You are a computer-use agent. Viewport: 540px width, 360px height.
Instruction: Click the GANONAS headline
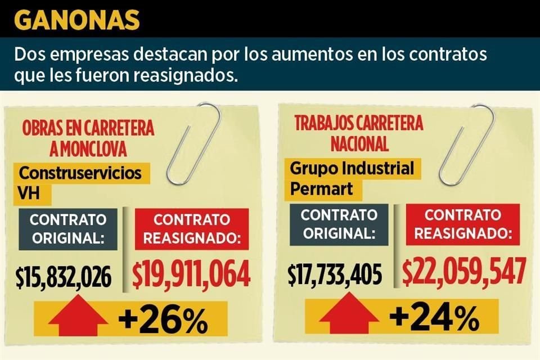77,20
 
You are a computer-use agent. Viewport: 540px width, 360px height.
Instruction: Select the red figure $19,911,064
191,275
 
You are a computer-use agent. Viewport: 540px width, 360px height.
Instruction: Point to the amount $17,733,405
335,275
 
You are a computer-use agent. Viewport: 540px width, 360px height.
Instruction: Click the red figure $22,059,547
465,272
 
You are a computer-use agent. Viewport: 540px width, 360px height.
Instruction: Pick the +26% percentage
163,322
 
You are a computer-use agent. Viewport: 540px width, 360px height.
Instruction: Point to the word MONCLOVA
94,150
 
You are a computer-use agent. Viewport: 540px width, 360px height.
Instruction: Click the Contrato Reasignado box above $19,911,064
192,228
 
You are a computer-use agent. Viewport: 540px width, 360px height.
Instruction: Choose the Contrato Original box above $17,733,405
339,223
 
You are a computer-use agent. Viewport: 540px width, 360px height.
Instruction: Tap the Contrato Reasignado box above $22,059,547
462,223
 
